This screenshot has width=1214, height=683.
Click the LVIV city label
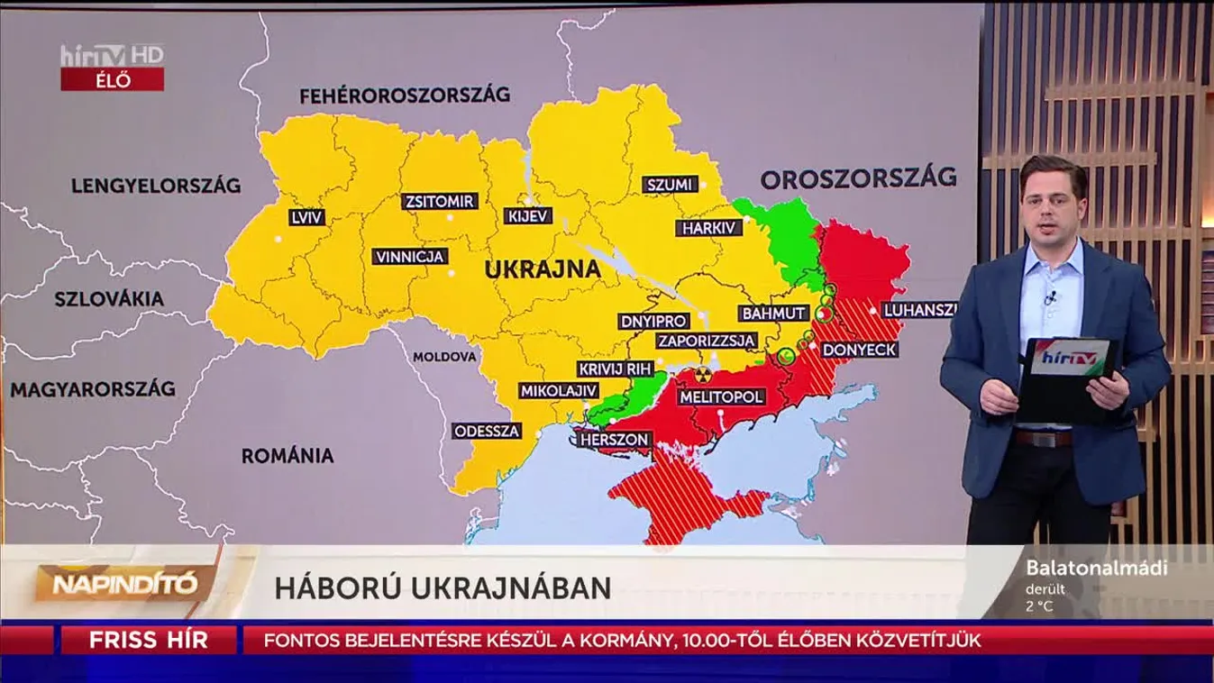(307, 217)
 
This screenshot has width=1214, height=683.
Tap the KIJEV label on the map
(528, 215)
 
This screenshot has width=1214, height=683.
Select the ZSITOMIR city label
(440, 201)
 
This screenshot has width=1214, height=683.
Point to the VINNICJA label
(410, 257)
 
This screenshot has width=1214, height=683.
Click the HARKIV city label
(708, 228)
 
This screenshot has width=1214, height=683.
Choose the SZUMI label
(671, 185)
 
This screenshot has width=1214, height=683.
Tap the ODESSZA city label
(488, 431)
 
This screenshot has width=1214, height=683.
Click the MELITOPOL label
(722, 396)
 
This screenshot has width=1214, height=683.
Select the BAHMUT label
(772, 313)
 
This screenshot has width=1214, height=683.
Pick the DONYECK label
(859, 349)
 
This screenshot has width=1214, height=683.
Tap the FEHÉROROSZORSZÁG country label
(405, 95)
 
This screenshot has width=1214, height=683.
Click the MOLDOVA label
(444, 357)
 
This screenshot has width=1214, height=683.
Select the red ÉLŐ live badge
(112, 79)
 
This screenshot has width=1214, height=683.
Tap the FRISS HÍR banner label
(148, 641)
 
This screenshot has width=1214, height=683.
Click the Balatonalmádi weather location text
(1096, 568)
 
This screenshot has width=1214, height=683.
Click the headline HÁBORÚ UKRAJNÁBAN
(443, 587)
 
